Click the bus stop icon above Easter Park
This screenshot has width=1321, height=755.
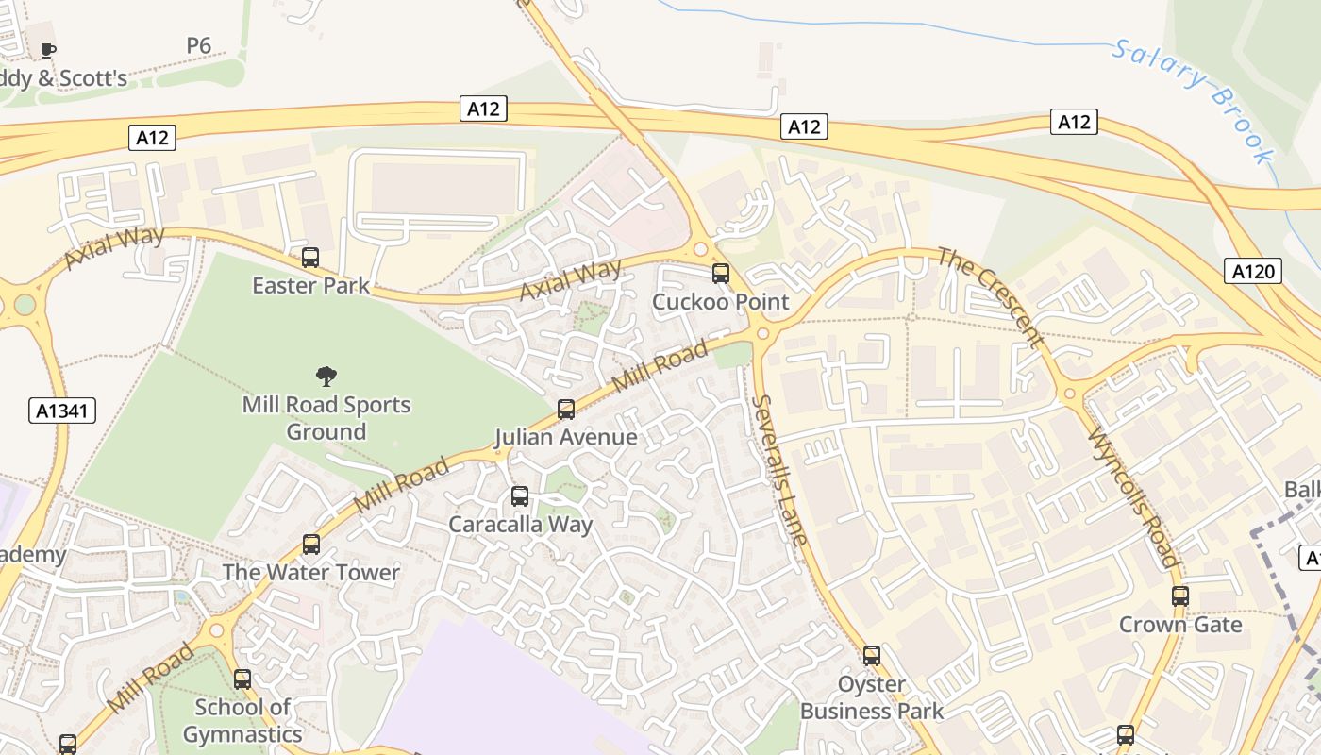[310, 257]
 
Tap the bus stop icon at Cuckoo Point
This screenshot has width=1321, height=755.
[721, 274]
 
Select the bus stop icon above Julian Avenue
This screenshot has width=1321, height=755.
[566, 410]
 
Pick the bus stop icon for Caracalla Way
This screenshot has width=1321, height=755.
[519, 496]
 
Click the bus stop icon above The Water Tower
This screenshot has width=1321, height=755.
[311, 545]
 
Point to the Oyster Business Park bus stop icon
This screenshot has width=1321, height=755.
[872, 655]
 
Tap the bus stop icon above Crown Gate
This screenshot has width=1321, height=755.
[1180, 596]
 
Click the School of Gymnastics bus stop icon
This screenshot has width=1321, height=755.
[242, 679]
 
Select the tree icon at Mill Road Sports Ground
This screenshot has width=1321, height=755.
[326, 377]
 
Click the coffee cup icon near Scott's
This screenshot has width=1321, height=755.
[48, 50]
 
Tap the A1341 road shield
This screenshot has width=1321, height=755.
[63, 411]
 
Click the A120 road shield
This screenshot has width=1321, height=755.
[1254, 272]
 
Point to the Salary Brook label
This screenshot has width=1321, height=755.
[1193, 99]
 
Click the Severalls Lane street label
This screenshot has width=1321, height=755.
[779, 470]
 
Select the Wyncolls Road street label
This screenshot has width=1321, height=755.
[1134, 497]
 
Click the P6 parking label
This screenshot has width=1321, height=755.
[198, 45]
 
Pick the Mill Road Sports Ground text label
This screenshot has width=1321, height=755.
[326, 418]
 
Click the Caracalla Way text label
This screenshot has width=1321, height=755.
[520, 525]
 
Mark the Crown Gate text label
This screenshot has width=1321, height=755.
[1180, 625]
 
